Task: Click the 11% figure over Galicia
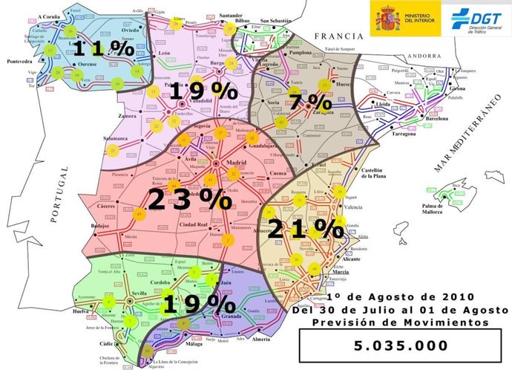pyautogui.click(x=105, y=51)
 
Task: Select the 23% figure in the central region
pyautogui.click(x=190, y=199)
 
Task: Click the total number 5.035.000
pyautogui.click(x=400, y=345)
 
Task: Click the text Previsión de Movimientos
pyautogui.click(x=400, y=322)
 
